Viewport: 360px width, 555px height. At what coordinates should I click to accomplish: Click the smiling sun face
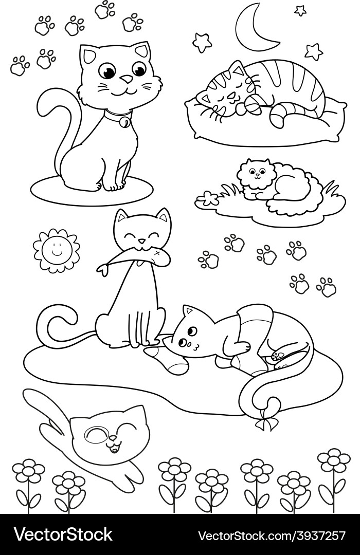(56, 251)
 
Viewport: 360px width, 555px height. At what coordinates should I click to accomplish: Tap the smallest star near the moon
(300, 11)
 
